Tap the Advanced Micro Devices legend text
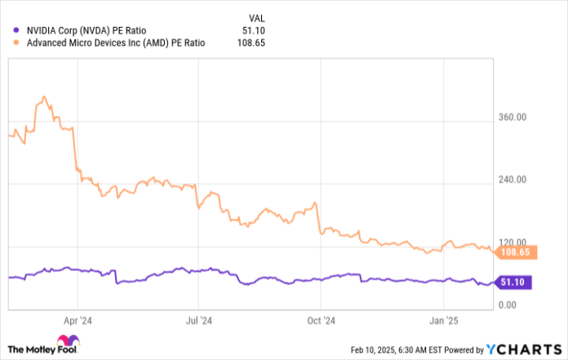point(115,42)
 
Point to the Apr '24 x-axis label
point(75,321)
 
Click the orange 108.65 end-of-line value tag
point(514,253)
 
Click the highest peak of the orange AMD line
point(43,97)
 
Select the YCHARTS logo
point(522,349)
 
